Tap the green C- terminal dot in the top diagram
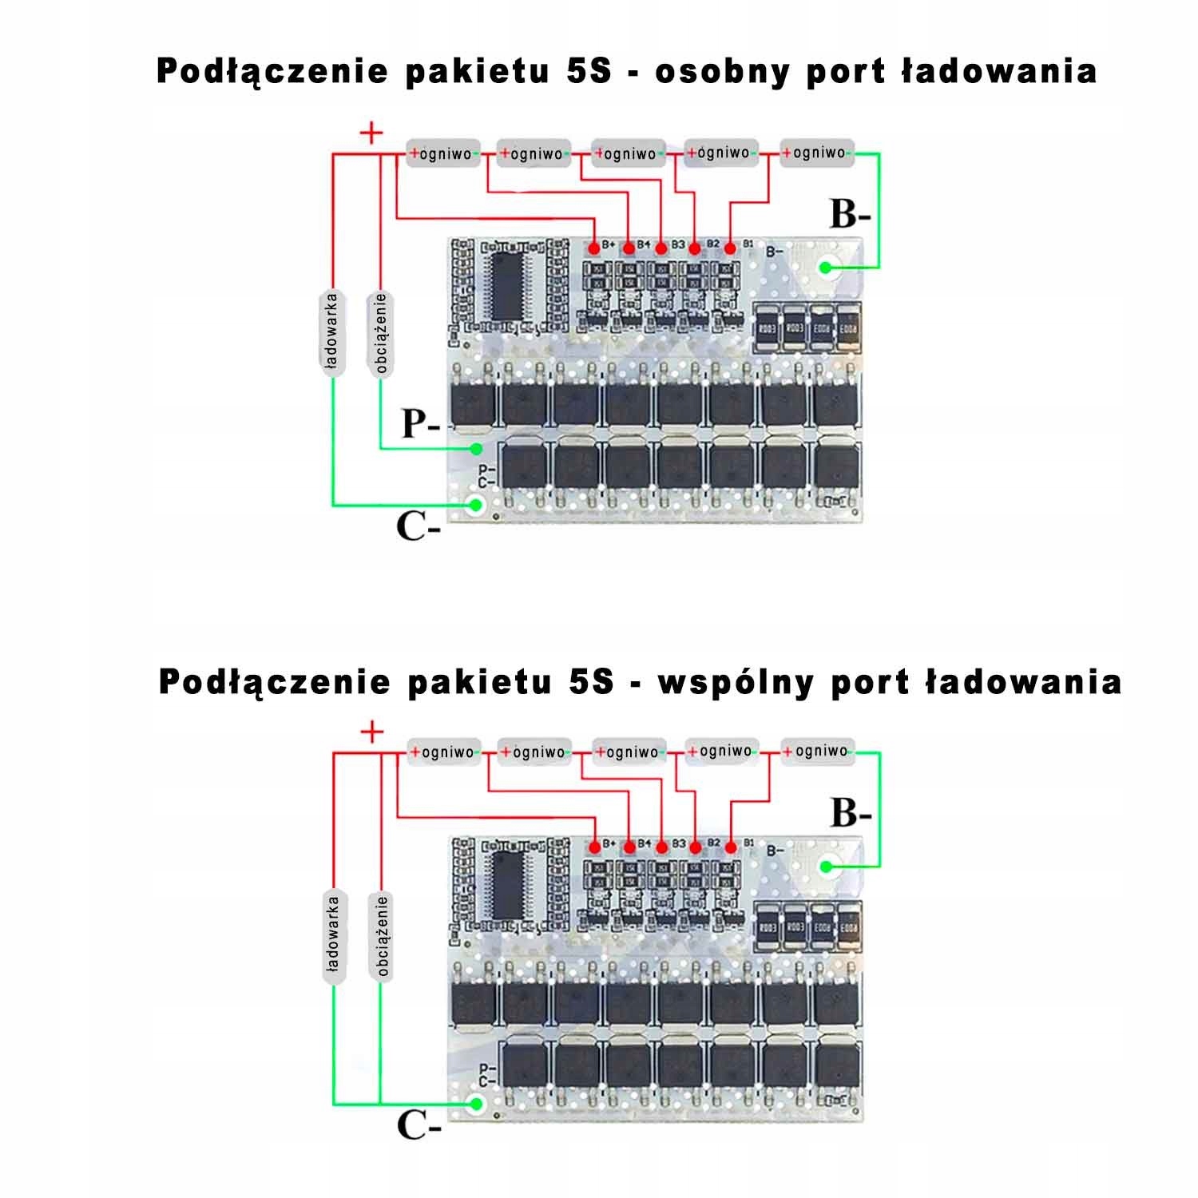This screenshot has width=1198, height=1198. (x=477, y=505)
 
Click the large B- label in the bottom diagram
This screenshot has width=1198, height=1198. (x=851, y=813)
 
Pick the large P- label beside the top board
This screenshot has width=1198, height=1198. (x=420, y=424)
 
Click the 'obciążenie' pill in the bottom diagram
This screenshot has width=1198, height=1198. (x=382, y=936)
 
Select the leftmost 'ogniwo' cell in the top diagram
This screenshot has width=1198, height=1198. (x=444, y=153)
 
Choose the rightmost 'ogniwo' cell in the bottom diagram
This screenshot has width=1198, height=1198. (x=817, y=752)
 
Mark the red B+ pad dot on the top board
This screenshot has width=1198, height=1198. (x=594, y=248)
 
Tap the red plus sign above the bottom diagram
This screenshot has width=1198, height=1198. (x=372, y=732)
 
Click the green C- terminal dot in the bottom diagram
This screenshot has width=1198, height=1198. (x=477, y=1105)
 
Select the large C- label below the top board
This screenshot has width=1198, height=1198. (x=418, y=526)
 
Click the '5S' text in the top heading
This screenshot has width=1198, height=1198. (x=589, y=72)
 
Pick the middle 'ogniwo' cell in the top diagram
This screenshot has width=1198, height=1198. (x=629, y=153)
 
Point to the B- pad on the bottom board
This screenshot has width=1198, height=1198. (x=830, y=866)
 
